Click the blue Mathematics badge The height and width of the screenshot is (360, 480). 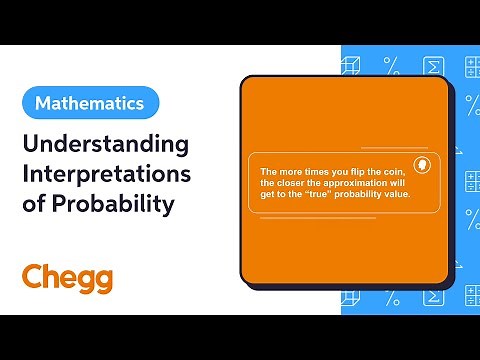pyautogui.click(x=90, y=103)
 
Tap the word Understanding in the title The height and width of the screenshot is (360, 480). pyautogui.click(x=105, y=144)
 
